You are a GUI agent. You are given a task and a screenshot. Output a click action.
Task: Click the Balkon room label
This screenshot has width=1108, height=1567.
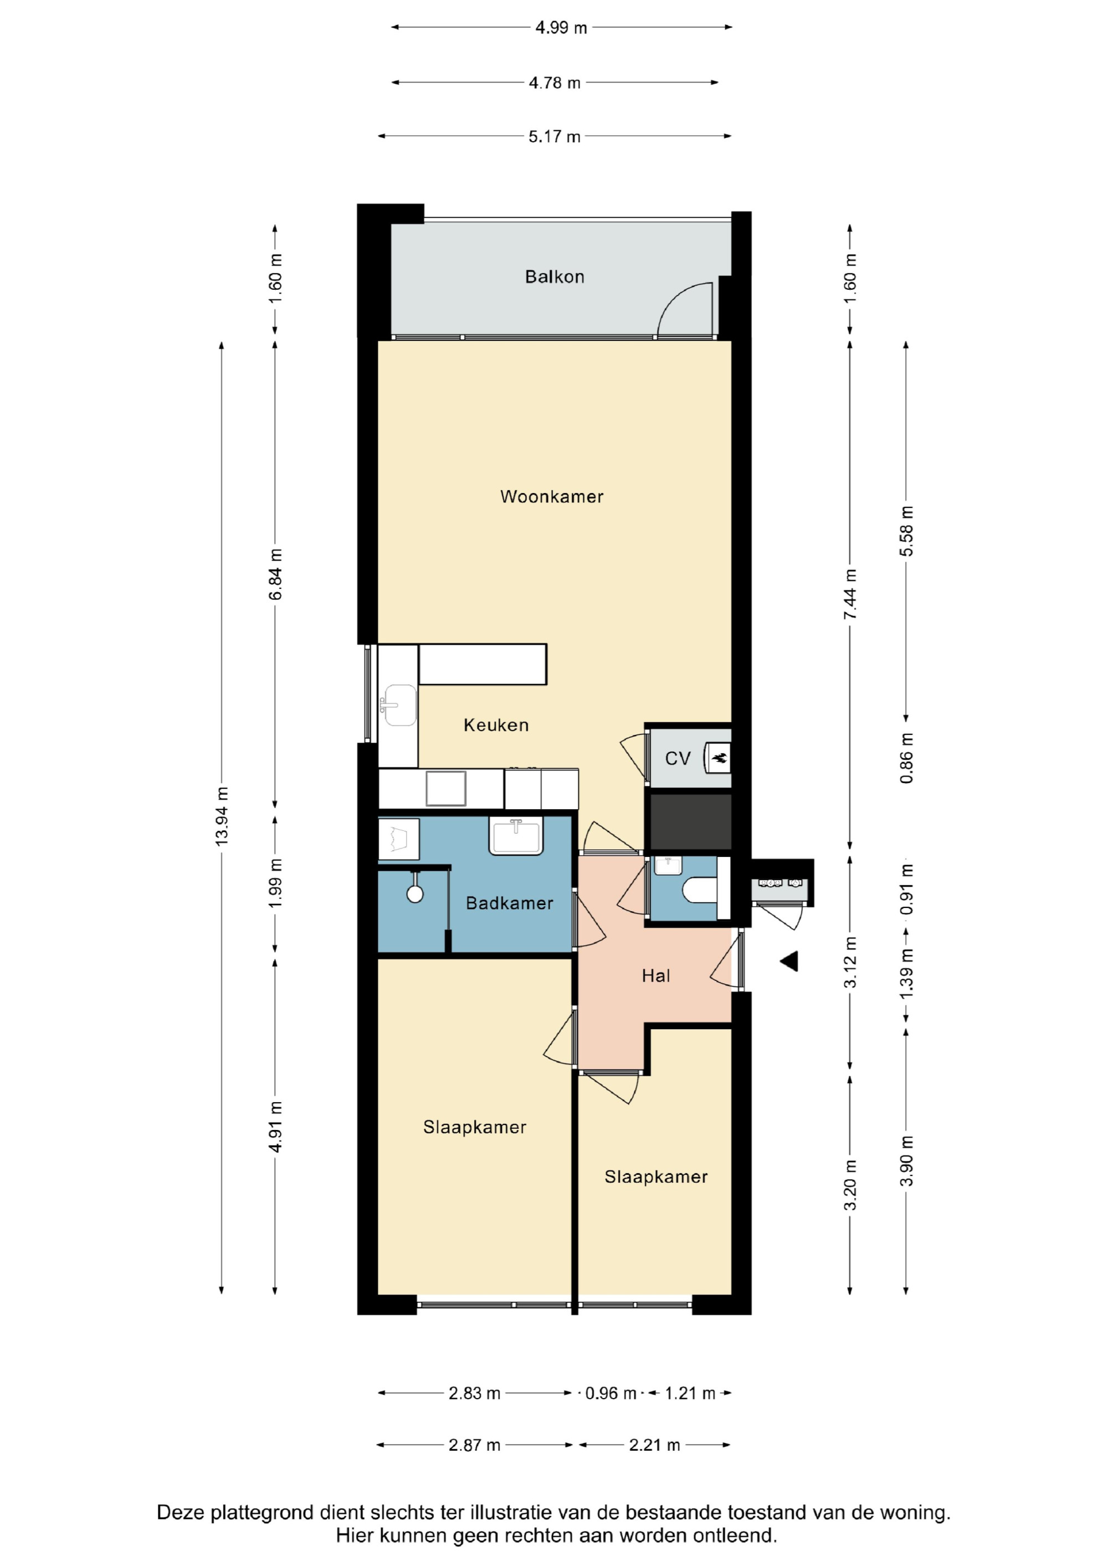(x=555, y=276)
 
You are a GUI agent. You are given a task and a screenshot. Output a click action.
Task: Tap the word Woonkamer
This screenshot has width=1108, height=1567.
(x=552, y=496)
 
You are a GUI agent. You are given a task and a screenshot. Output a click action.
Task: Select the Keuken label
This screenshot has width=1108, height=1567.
(x=496, y=725)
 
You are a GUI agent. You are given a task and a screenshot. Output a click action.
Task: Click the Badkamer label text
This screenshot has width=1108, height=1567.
(x=509, y=903)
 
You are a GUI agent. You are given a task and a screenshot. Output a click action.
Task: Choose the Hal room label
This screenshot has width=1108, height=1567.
(x=655, y=976)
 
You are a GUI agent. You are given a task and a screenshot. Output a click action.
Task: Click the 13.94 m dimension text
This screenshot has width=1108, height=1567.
(x=222, y=816)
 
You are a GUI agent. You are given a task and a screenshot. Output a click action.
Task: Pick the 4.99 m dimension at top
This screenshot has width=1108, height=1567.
(x=561, y=28)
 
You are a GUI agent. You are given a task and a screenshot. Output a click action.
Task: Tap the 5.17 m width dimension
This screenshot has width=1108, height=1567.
(x=555, y=136)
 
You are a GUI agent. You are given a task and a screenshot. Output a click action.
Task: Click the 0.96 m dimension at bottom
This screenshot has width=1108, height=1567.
(x=611, y=1393)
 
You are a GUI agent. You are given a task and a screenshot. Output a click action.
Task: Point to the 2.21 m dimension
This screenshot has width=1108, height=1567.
(x=654, y=1445)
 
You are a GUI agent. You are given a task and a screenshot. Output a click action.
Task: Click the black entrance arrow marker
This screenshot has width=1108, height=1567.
(x=790, y=962)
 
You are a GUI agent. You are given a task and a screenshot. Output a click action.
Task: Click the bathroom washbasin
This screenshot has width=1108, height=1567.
(x=516, y=838)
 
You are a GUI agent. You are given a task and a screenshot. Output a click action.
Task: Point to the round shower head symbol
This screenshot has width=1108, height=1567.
(x=415, y=894)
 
